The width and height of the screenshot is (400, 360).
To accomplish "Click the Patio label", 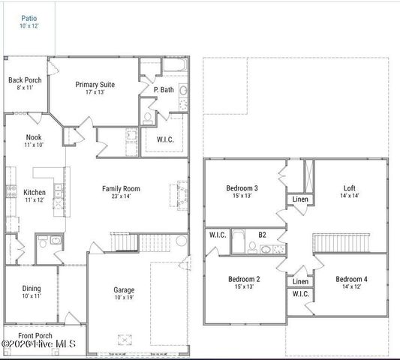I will tap(29, 17).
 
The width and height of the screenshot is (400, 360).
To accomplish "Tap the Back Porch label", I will tap(25, 80).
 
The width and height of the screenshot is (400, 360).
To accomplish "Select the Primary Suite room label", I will tap(95, 85).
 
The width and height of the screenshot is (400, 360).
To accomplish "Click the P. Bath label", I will tap(164, 90).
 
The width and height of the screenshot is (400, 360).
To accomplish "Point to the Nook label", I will tap(34, 137).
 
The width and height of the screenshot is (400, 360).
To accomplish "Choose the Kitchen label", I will tap(35, 192).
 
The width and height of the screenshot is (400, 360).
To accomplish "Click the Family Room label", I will tap(121, 189).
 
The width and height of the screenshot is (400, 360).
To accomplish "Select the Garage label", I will tap(124, 289).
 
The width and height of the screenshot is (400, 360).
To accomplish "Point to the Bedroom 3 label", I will tap(242, 188).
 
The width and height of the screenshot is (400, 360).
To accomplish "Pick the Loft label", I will tap(349, 188).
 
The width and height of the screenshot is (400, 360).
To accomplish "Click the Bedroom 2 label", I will tap(244, 279).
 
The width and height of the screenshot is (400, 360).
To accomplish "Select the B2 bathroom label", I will tap(262, 235).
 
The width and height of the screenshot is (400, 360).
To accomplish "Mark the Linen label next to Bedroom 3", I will tap(300, 199).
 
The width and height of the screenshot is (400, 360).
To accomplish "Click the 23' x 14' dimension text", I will tap(121, 197).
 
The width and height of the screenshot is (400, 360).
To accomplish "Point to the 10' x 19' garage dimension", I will tap(124, 298).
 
